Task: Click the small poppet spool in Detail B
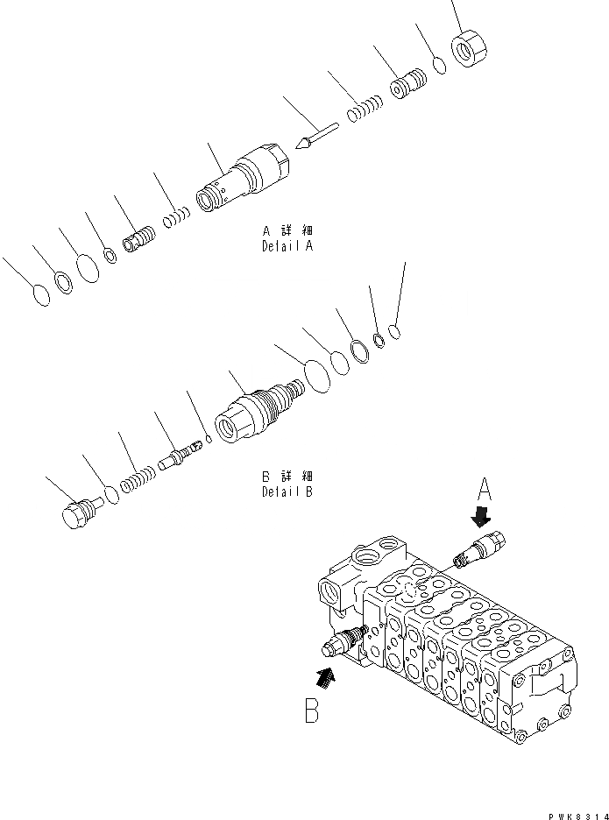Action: pyautogui.click(x=181, y=454)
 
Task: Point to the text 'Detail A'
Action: pyautogui.click(x=287, y=246)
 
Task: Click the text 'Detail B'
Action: pyautogui.click(x=287, y=491)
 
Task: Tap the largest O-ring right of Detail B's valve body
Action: pyautogui.click(x=315, y=376)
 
